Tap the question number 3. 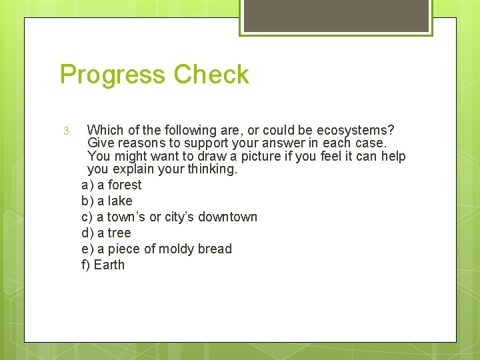click(x=67, y=131)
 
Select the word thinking click(x=212, y=169)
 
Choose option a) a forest click(x=111, y=185)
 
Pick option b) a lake click(x=107, y=201)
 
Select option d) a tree click(x=106, y=233)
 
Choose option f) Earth click(x=103, y=265)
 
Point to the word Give click(x=101, y=143)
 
